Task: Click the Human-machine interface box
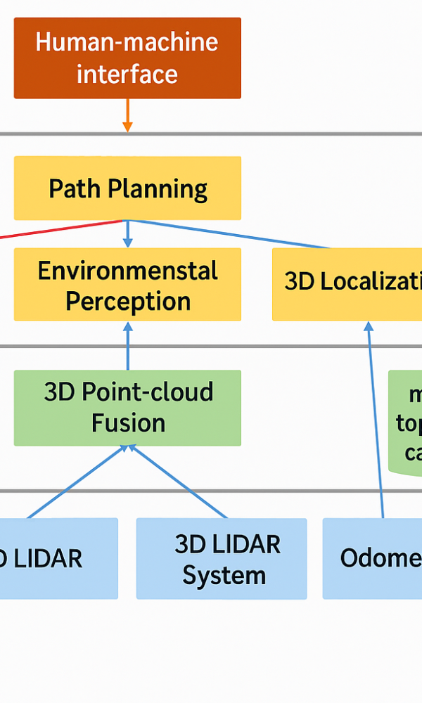pos(127,58)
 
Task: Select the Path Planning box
pos(127,188)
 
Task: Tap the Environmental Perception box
pos(127,285)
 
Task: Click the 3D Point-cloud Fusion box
pos(127,408)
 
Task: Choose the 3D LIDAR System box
pos(221,559)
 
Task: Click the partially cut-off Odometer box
pos(373,559)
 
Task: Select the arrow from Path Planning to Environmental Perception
pos(127,234)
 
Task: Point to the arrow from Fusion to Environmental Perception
pos(127,346)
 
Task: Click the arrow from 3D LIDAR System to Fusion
pos(180,482)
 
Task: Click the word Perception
pos(128,301)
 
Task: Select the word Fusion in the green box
pos(128,423)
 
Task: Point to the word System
pos(224,575)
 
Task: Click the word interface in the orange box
pos(127,74)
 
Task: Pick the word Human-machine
pos(127,42)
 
